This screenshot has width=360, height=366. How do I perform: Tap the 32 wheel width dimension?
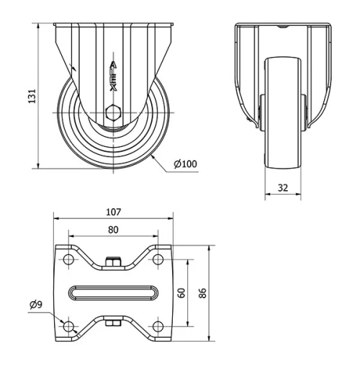pyautogui.click(x=282, y=187)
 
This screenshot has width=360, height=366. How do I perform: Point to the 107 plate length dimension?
pyautogui.click(x=112, y=213)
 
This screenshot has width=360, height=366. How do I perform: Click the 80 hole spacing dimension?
pyautogui.click(x=112, y=230)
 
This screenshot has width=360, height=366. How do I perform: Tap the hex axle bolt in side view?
pyautogui.click(x=112, y=113)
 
